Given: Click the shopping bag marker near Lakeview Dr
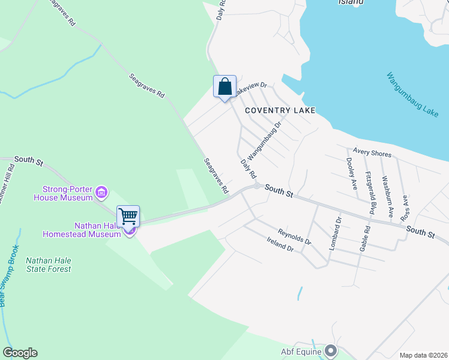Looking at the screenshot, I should coord(224,87).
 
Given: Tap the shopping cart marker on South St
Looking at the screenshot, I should coord(128,216).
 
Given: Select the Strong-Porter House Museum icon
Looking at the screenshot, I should coord(101,193).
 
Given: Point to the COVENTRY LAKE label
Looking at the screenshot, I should coord(280,110).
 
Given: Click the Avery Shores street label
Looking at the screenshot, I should coord(372,153).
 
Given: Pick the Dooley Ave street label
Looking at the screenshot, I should coord(352,173).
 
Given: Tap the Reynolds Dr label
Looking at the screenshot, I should coord(294,236).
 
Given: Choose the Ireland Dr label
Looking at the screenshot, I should coord(280,244).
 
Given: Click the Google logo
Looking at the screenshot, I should coord(20,353).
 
